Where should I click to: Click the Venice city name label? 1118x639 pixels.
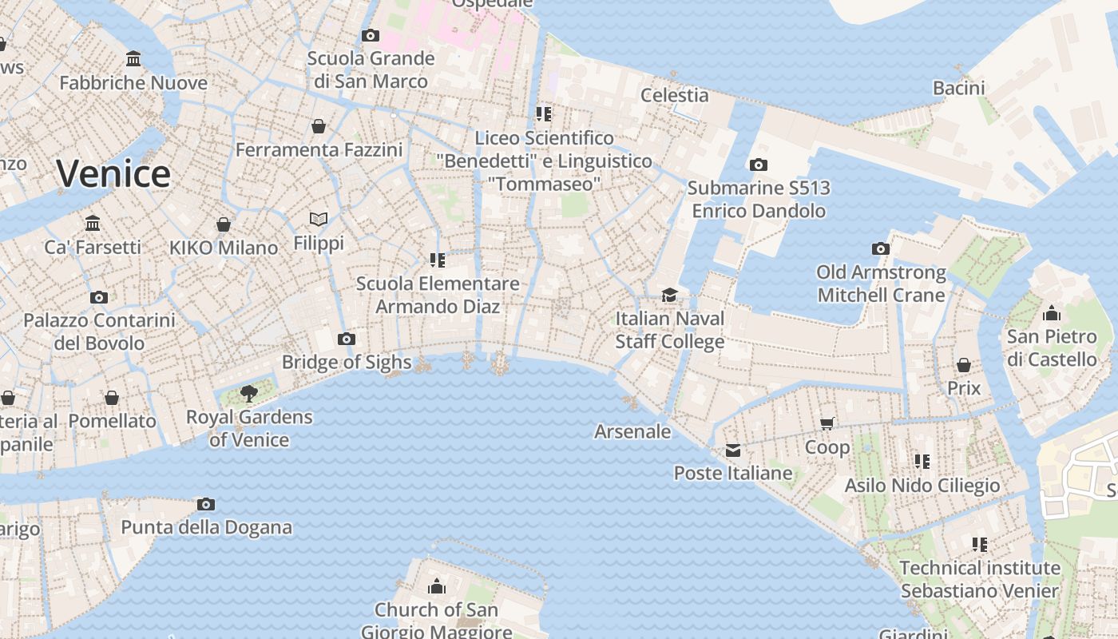click(113, 173)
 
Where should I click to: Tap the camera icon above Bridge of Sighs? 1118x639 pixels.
click(346, 339)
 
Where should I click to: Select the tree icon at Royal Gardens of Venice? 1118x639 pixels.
click(249, 392)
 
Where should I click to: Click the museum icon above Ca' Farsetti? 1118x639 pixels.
click(93, 223)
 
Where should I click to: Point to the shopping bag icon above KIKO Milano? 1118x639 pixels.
click(224, 224)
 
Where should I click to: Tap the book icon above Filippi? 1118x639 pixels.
click(319, 218)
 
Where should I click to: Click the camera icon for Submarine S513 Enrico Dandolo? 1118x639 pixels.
click(758, 165)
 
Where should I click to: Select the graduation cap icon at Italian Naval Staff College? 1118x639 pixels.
click(669, 295)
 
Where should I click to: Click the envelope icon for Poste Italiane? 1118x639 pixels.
click(732, 450)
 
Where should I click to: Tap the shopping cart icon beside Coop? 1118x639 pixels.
click(827, 423)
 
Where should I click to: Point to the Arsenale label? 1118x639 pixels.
click(632, 431)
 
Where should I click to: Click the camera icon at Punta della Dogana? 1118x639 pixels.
click(206, 504)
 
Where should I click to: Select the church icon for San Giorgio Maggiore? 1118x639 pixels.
click(436, 587)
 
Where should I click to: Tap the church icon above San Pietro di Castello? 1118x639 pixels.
click(1052, 313)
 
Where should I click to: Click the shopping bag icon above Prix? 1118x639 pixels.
click(964, 365)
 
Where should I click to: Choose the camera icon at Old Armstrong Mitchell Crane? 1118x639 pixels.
click(881, 248)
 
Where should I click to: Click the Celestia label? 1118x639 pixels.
click(675, 95)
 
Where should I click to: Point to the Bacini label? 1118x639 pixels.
click(959, 87)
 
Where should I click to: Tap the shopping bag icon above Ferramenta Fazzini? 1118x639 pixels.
click(319, 126)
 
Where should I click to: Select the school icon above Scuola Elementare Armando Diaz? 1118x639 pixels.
click(438, 260)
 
